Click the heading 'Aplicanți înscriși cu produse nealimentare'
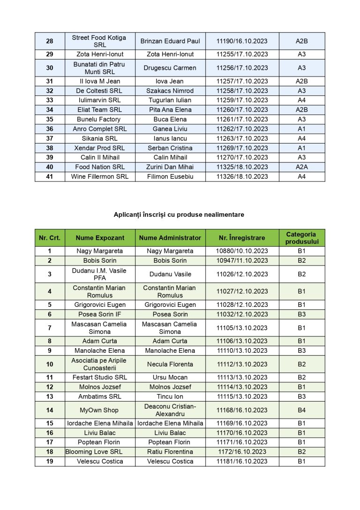click(x=179, y=214)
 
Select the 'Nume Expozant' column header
click(x=100, y=238)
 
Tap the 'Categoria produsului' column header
click(x=301, y=238)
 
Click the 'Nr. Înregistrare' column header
click(x=242, y=238)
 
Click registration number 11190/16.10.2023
click(x=242, y=41)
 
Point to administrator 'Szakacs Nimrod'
click(x=170, y=91)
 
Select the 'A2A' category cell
click(x=301, y=167)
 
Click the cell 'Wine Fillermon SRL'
click(x=99, y=176)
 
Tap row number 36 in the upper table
click(x=50, y=129)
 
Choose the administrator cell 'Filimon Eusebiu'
click(x=170, y=176)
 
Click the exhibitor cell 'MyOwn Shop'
click(x=99, y=410)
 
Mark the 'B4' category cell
click(x=301, y=410)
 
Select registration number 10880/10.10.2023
click(x=242, y=251)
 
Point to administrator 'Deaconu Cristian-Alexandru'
click(x=170, y=410)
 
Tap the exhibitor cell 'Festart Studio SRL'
click(x=99, y=377)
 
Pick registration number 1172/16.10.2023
click(x=242, y=452)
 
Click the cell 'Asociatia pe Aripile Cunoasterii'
click(x=99, y=364)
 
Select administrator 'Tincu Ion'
click(x=170, y=396)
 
